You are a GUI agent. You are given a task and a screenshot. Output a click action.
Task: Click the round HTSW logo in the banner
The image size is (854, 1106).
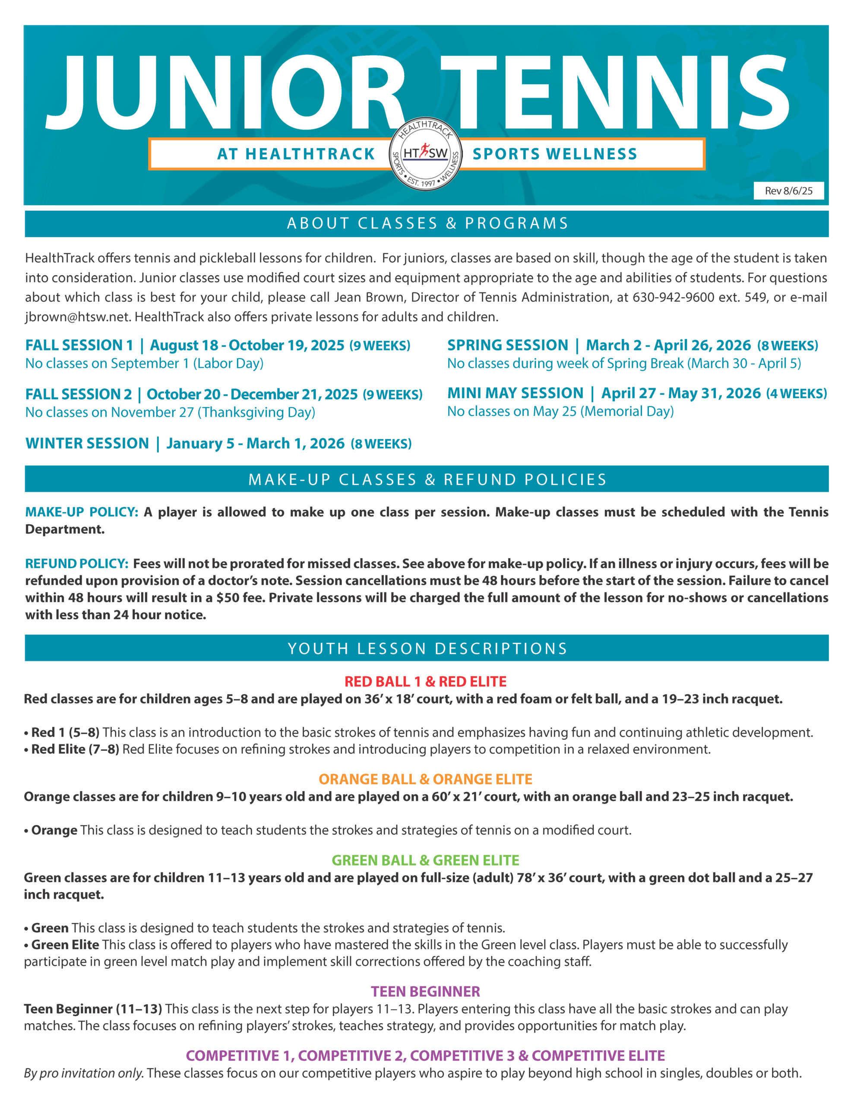425,154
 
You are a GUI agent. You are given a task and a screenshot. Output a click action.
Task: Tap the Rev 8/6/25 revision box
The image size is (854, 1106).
788,191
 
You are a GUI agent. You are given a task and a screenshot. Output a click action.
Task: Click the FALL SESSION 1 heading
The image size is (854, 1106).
79,345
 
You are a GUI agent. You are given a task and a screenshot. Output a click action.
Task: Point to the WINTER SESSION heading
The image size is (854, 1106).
87,444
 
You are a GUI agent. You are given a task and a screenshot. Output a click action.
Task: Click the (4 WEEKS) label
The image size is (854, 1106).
796,394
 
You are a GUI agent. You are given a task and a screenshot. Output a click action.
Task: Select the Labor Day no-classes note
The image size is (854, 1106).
144,364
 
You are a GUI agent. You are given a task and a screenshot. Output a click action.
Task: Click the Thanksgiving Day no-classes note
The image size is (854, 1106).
170,413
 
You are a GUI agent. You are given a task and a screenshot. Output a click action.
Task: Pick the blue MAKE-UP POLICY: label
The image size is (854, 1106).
82,512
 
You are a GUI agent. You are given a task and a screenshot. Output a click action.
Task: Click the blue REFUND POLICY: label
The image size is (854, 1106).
77,564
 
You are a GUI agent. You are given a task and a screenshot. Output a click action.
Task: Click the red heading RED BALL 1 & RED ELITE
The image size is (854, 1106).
425,682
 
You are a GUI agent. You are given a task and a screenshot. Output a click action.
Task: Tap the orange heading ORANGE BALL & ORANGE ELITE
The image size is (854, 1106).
425,779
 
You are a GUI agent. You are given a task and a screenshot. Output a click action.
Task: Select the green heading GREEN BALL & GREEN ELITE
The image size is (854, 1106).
425,861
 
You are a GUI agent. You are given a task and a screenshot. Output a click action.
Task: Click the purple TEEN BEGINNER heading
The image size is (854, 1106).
425,992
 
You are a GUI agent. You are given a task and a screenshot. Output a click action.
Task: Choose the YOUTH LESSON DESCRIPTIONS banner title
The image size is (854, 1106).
427,649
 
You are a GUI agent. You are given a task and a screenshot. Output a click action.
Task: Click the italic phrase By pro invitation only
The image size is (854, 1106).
83,1073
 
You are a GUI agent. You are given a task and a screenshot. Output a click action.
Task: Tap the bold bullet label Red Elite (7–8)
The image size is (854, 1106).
75,749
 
